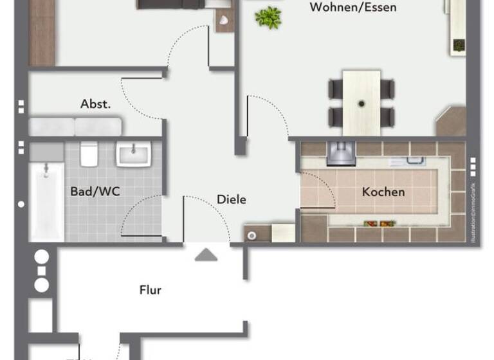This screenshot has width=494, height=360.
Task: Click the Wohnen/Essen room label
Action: tap(352, 8)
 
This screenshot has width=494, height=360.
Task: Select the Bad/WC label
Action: tap(95, 191)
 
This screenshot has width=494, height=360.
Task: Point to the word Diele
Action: tap(231, 199)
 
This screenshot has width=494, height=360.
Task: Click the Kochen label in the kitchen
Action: tap(383, 192)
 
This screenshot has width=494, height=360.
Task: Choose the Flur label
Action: tap(151, 290)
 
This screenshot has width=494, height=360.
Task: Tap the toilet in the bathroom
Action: tap(89, 154)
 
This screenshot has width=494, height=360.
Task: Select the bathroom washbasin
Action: tap(133, 154)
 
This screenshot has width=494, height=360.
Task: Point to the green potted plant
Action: tap(268, 17)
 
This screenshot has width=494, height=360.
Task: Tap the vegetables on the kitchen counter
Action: tap(379, 224)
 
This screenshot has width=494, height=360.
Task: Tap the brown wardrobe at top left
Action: tap(41, 32)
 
